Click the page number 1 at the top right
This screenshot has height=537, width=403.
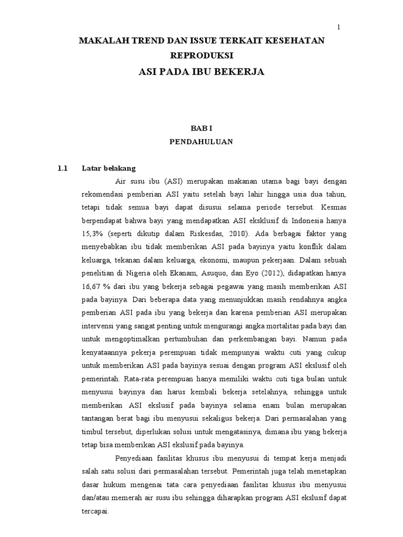338,27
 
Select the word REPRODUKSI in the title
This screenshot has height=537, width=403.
201,55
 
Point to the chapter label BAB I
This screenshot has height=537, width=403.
201,128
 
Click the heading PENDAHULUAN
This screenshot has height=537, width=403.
201,142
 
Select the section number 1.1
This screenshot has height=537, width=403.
63,168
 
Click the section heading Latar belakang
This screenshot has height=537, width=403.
109,168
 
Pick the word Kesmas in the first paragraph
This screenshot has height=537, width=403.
334,207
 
